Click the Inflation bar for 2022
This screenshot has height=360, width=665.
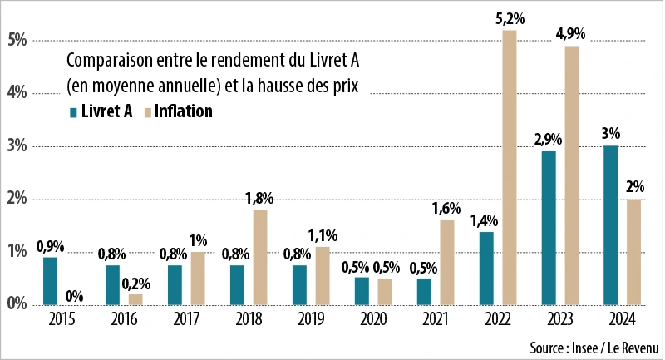pyautogui.click(x=510, y=167)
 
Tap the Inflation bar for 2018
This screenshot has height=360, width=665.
pyautogui.click(x=260, y=257)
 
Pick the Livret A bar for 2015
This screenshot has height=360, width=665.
pyautogui.click(x=50, y=281)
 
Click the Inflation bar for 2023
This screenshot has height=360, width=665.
pyautogui.click(x=572, y=175)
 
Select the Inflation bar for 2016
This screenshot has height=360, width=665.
pyautogui.click(x=135, y=299)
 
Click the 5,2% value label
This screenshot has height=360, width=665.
pyautogui.click(x=509, y=19)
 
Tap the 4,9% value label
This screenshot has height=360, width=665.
pyautogui.click(x=570, y=34)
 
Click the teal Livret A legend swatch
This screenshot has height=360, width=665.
pyautogui.click(x=74, y=112)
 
